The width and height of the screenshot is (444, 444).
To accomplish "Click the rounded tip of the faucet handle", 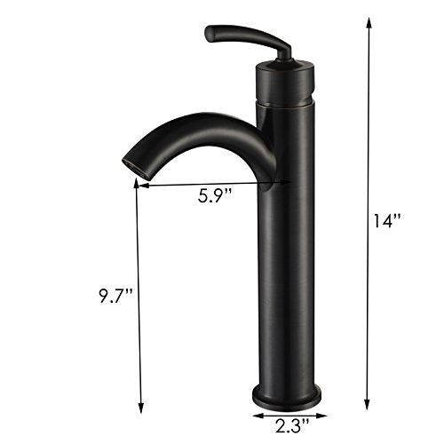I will coord(210,35).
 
